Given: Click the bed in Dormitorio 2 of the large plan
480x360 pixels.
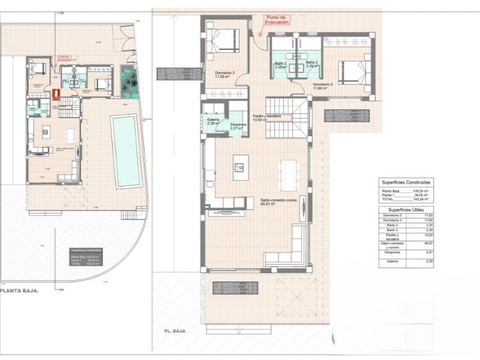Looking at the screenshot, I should (221, 40).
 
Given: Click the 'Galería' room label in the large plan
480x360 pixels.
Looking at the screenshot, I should (214, 121).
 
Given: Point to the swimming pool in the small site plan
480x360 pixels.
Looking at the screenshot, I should (125, 150).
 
